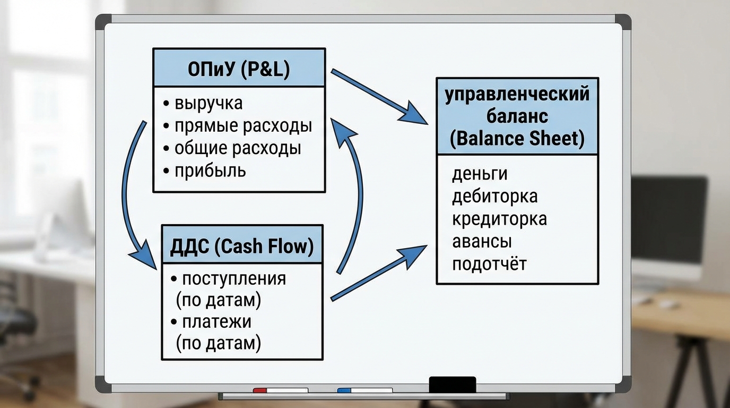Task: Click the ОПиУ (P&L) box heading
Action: click(x=239, y=69)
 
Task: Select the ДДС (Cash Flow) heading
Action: click(x=242, y=246)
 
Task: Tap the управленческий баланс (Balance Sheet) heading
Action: click(x=517, y=116)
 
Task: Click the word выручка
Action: click(x=208, y=103)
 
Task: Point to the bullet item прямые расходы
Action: click(x=243, y=126)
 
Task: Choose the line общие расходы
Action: click(x=238, y=148)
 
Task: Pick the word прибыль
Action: click(x=210, y=171)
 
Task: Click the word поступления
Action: click(x=233, y=278)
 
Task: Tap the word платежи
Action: click(x=216, y=322)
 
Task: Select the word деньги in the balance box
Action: click(x=480, y=174)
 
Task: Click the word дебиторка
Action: click(x=494, y=196)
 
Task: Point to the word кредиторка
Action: click(x=499, y=219)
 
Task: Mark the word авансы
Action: click(x=482, y=241)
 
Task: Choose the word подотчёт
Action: click(x=489, y=264)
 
